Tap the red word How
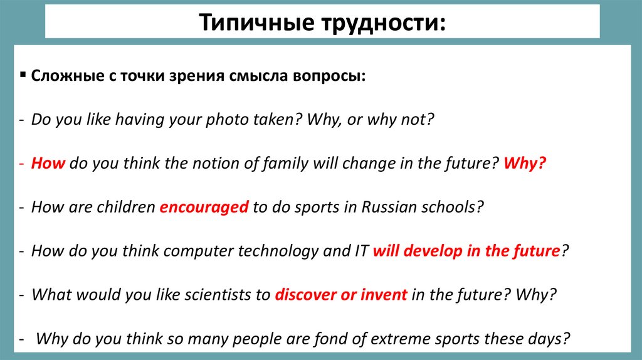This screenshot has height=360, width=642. tap(48, 163)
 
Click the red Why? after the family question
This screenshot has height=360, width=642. tap(524, 163)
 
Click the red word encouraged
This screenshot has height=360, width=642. tap(204, 208)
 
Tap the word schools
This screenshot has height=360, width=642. tap(450, 208)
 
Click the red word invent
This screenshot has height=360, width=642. tap(383, 295)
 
